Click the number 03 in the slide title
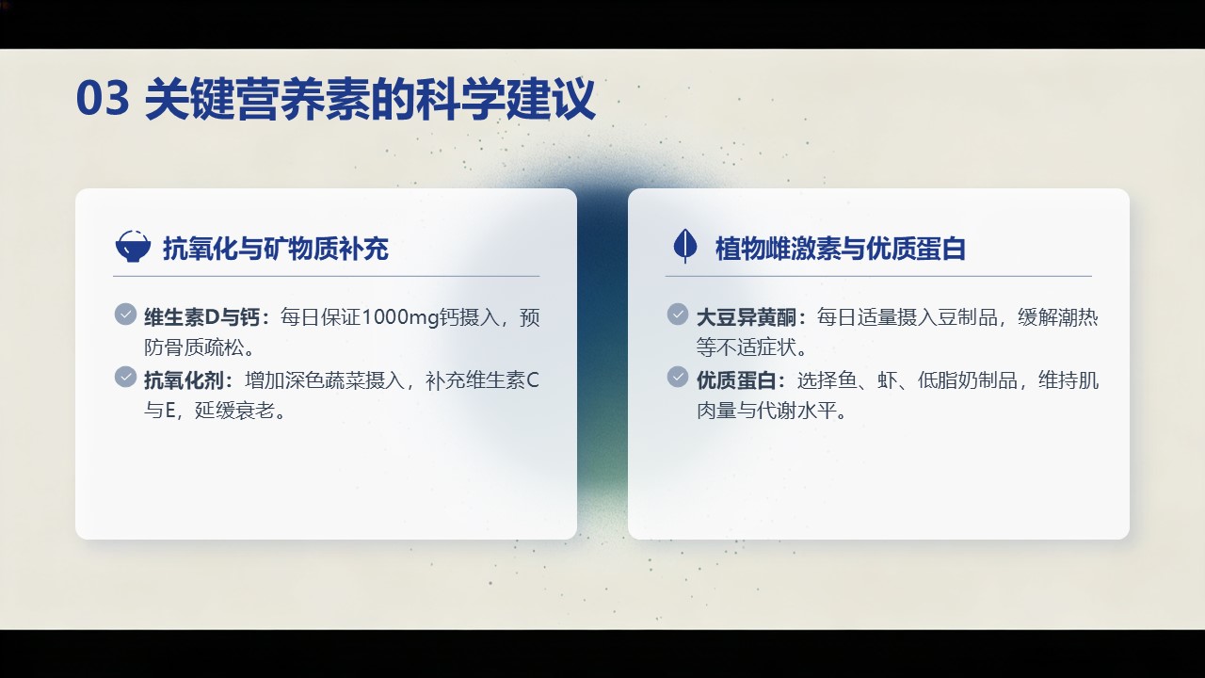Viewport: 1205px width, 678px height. point(103,97)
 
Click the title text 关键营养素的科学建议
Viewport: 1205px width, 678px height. point(370,99)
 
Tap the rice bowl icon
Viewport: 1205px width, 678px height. point(133,247)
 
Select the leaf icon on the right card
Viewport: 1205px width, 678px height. point(685,246)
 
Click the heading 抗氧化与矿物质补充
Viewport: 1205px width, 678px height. point(276,249)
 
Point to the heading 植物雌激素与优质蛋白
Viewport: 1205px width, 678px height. point(841,249)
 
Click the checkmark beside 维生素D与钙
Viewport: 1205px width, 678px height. point(125,315)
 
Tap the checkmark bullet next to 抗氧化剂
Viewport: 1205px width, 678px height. point(125,377)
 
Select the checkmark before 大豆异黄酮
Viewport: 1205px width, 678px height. point(678,315)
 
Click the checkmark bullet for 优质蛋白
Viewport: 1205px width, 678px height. point(678,377)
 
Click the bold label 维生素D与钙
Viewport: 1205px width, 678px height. point(201,317)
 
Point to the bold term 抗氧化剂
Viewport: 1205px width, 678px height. point(184,380)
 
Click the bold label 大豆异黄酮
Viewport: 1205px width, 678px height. point(747,317)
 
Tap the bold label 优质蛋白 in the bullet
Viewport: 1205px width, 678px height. point(736,380)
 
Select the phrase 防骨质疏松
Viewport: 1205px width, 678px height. point(194,347)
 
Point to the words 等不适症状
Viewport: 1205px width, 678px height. point(747,347)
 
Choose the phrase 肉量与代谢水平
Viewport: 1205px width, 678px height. point(766,411)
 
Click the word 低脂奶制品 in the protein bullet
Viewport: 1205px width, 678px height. point(967,380)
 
